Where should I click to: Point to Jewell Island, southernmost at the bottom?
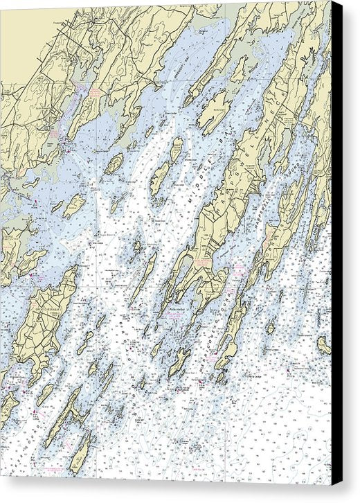coord(79,454)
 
